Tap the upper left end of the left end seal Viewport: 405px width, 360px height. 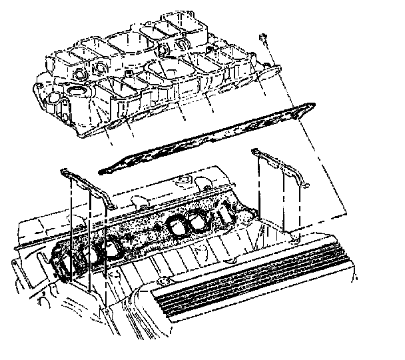[64, 173]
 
